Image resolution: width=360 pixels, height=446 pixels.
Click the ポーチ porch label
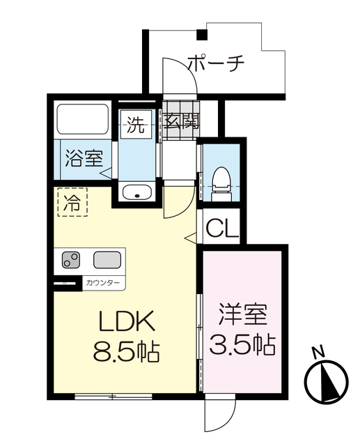(217, 63)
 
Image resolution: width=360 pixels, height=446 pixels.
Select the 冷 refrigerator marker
(72, 203)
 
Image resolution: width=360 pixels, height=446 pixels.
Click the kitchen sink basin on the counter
(107, 260)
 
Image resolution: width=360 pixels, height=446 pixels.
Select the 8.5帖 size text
(126, 351)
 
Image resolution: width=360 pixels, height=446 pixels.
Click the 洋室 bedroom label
(242, 314)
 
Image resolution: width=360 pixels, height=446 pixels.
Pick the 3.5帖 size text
(242, 344)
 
